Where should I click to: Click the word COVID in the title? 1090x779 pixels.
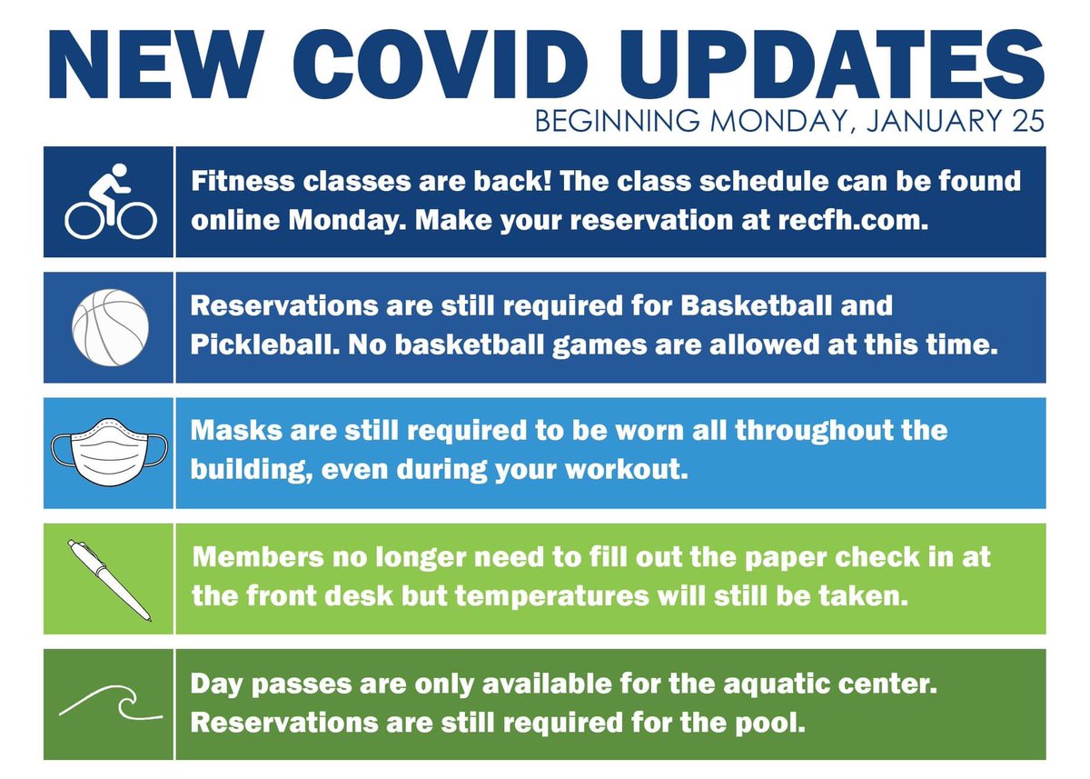(x=440, y=65)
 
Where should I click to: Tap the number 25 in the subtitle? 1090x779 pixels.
(x=1028, y=120)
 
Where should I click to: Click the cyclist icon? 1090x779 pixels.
(x=111, y=201)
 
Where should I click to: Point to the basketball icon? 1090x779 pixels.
(x=110, y=327)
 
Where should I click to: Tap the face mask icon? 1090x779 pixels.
(x=110, y=452)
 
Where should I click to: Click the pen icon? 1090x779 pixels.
(x=110, y=580)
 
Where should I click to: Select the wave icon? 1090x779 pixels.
(x=111, y=703)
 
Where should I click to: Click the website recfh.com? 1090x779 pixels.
(x=853, y=220)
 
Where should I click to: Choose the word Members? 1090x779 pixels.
(x=258, y=556)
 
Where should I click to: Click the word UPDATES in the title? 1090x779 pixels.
(x=832, y=65)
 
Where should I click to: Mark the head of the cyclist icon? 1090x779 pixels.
(x=120, y=170)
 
